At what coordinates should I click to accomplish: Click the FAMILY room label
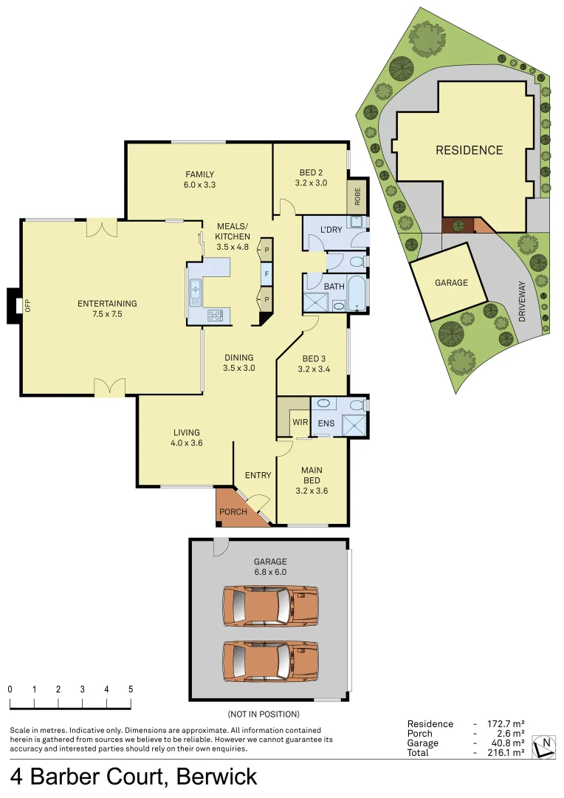[199, 174]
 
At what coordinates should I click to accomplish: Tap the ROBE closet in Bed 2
[357, 196]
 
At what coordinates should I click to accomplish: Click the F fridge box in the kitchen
[264, 274]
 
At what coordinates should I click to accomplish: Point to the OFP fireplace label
[28, 304]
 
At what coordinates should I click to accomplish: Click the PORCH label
[233, 511]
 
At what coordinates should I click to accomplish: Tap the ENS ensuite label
[326, 424]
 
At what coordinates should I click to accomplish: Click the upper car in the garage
[270, 606]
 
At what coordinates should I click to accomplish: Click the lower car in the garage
[270, 660]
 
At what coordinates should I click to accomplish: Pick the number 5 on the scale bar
[131, 689]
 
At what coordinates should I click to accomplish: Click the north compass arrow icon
[545, 746]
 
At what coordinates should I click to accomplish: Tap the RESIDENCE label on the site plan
[469, 150]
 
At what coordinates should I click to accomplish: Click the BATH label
[334, 286]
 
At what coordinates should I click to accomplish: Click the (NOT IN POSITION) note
[264, 714]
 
